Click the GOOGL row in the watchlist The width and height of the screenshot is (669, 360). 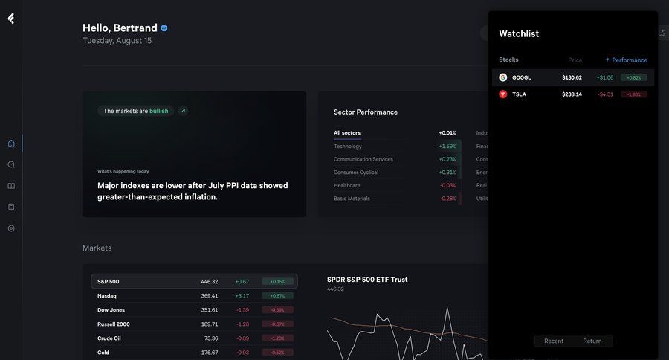(x=572, y=77)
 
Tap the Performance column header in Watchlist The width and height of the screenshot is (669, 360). (x=629, y=60)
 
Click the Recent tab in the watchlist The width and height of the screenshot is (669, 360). (x=554, y=341)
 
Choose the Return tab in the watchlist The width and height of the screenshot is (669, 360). (x=592, y=341)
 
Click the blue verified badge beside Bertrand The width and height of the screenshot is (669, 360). (x=164, y=28)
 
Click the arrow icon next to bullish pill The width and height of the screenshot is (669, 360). (x=183, y=111)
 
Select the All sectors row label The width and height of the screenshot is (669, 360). (x=347, y=133)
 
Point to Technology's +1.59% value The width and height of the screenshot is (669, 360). (x=447, y=147)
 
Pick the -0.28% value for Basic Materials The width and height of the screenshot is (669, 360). (x=447, y=199)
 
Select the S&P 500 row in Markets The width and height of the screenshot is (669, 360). (x=195, y=281)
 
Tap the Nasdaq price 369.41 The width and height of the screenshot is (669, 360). (x=209, y=296)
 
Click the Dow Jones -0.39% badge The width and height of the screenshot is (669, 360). (x=277, y=310)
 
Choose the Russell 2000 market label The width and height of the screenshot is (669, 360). (x=113, y=324)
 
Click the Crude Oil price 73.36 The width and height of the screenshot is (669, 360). (x=211, y=338)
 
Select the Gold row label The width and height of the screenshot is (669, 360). (x=103, y=353)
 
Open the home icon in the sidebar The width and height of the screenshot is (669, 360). (x=11, y=144)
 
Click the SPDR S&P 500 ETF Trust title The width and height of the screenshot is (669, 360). (x=367, y=280)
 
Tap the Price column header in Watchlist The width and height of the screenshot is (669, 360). (x=575, y=60)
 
